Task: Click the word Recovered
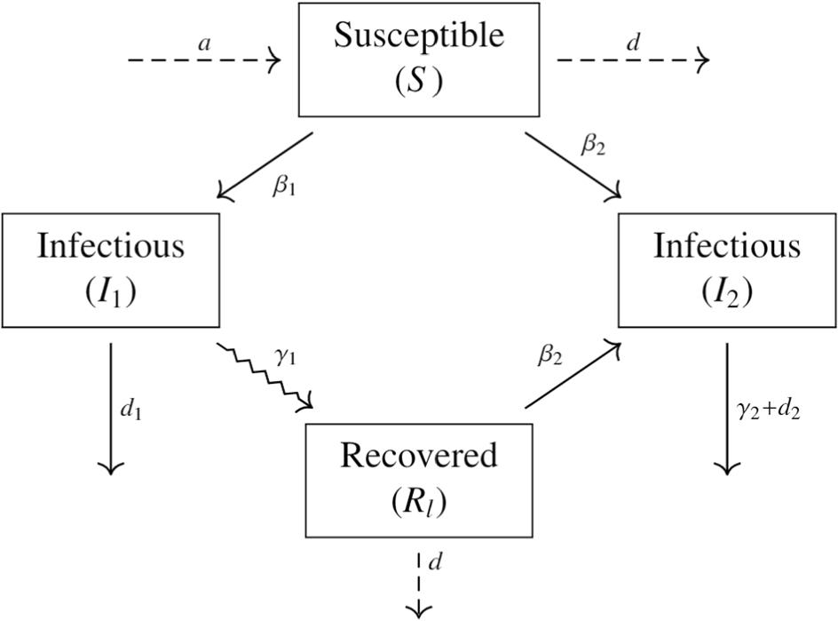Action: coord(418,457)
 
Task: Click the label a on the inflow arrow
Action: coord(205,44)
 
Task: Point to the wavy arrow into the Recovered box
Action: coord(265,377)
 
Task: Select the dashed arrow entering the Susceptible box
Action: coord(204,60)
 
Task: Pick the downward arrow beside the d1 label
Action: coord(110,409)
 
